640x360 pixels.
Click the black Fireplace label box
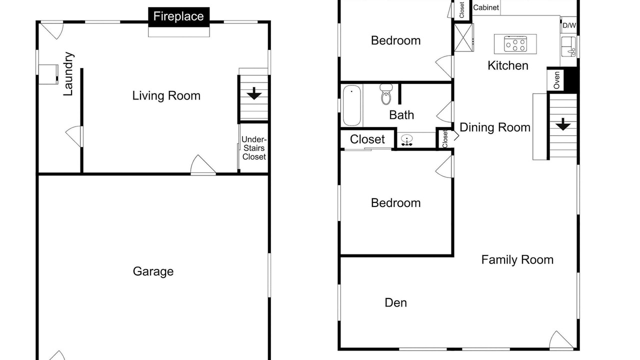179,17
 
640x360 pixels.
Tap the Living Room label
166,95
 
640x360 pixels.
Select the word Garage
153,271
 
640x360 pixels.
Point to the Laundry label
68,74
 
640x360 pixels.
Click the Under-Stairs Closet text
254,148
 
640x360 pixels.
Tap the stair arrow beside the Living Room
254,93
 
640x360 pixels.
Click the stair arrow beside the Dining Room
563,124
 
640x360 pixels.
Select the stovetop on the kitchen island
515,43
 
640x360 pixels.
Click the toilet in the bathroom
386,94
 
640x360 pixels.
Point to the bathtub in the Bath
351,105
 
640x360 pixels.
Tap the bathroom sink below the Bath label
406,140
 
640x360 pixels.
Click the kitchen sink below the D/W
569,46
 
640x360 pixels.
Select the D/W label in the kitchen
569,25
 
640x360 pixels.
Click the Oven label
556,80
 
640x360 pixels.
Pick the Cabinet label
486,7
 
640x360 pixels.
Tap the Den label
395,303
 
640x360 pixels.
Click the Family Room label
517,260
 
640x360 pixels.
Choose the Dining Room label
495,127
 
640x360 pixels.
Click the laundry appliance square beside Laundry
48,74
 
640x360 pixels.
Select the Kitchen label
507,65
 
